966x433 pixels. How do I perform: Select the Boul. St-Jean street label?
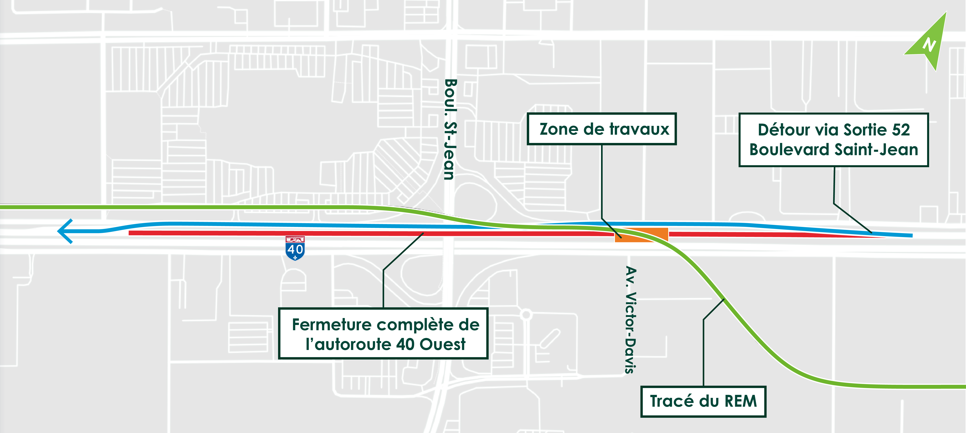tap(450, 129)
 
